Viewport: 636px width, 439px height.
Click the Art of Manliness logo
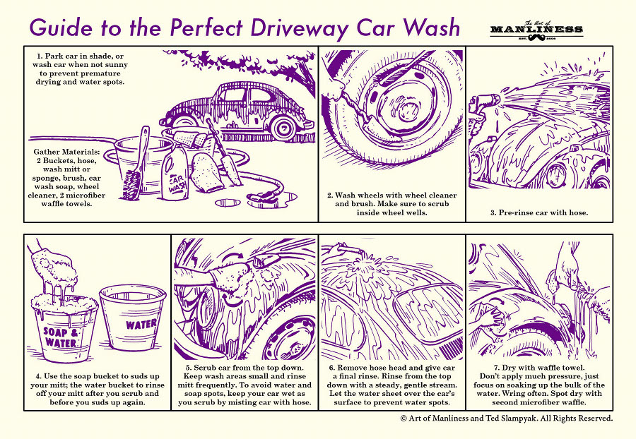click(536, 30)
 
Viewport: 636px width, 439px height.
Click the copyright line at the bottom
click(506, 418)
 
